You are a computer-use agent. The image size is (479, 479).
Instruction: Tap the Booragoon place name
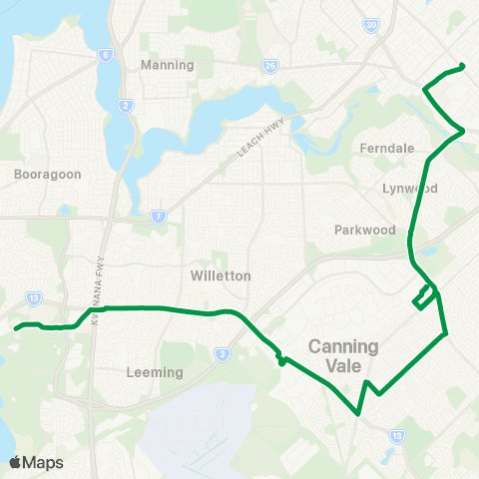point(41,174)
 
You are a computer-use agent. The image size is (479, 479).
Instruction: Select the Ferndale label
point(386,148)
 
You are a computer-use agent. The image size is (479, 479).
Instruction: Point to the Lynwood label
point(409,188)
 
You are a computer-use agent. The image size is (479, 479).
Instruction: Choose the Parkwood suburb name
point(365,230)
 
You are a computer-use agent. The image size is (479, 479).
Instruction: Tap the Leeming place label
point(157,373)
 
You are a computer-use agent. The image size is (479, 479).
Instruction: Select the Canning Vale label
point(343,356)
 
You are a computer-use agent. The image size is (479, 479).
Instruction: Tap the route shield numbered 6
point(104,56)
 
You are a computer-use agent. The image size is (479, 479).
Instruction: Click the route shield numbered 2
point(125,105)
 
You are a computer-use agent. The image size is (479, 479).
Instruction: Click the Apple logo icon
point(15,462)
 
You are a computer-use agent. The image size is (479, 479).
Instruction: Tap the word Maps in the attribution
point(43,462)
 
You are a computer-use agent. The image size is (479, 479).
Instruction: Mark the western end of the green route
point(15,327)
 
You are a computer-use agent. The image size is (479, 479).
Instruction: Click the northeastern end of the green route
point(463,67)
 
